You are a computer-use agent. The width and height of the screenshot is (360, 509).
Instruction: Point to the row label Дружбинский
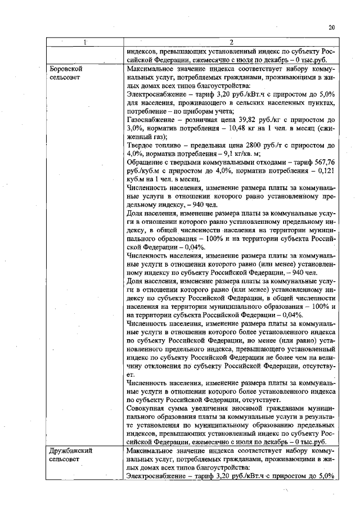(x=70, y=451)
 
